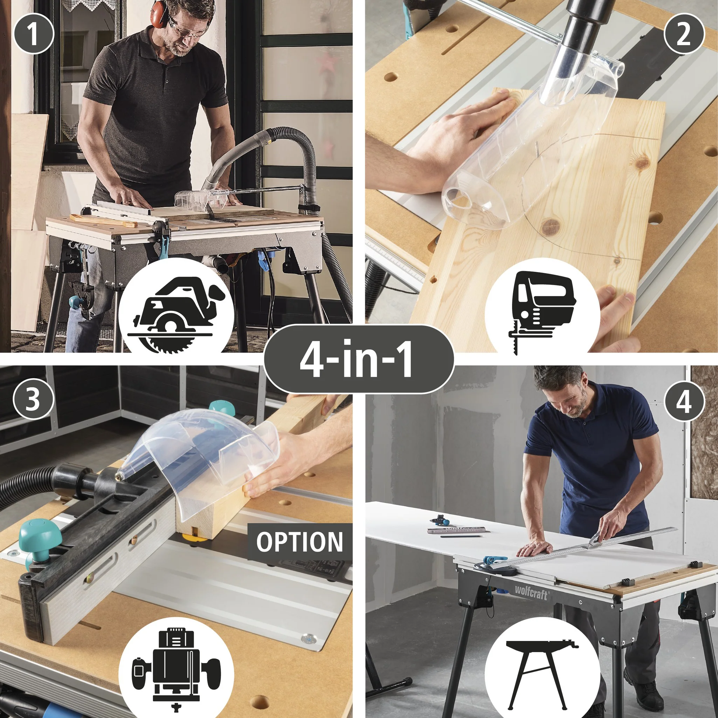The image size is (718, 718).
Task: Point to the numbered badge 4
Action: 684,401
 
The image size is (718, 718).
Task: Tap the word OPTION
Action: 299,542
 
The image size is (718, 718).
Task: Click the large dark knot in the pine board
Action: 551,225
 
